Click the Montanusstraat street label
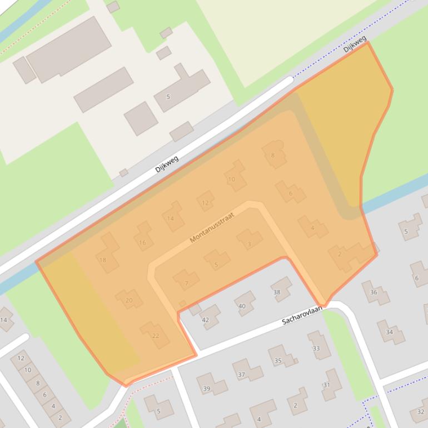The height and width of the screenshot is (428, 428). click(212, 227)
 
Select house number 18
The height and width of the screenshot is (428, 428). click(103, 260)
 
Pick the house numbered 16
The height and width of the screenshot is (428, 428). click(143, 242)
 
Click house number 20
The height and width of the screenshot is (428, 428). click(129, 300)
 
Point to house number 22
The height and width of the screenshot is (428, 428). click(156, 336)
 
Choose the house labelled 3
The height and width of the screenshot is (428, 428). click(250, 243)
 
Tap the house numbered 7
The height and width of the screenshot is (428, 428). click(186, 283)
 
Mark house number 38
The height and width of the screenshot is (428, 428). click(277, 292)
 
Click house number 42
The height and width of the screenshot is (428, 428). click(206, 320)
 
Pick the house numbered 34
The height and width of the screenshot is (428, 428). click(389, 332)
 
